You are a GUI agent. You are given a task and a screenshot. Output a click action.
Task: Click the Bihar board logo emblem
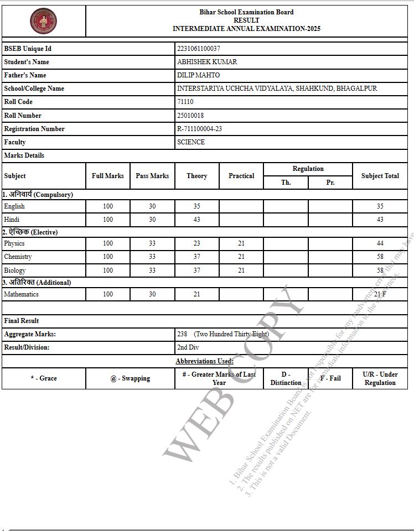click(x=44, y=20)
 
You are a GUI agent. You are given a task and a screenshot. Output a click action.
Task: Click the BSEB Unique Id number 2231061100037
click(x=199, y=49)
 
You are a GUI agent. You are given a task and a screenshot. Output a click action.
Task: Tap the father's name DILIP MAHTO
click(x=198, y=75)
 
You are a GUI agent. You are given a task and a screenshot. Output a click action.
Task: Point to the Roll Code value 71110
click(x=185, y=102)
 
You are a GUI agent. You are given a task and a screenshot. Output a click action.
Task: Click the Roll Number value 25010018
click(x=190, y=116)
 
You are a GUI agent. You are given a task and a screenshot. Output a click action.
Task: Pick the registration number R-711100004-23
click(x=199, y=129)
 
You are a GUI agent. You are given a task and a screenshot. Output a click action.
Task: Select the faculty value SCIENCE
click(x=191, y=142)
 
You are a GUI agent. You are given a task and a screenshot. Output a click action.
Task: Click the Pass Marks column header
click(x=152, y=176)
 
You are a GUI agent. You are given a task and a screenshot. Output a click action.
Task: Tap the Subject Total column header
click(x=380, y=176)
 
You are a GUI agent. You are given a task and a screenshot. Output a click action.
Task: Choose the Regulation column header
click(x=308, y=169)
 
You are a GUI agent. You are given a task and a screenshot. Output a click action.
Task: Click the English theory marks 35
click(x=196, y=206)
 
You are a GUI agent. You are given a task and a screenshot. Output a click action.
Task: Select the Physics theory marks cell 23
click(x=196, y=243)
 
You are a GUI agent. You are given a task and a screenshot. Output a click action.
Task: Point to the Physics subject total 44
click(x=380, y=243)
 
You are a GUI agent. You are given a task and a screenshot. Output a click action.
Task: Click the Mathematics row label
click(x=21, y=294)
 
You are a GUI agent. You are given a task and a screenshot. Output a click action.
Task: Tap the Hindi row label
click(x=12, y=220)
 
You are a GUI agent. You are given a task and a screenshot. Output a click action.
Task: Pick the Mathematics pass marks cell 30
click(x=152, y=294)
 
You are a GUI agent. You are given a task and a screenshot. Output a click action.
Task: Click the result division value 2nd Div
click(x=188, y=347)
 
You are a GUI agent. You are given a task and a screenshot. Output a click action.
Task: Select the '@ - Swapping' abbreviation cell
click(x=130, y=378)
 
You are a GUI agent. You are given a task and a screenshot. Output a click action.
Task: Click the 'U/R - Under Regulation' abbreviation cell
click(x=380, y=378)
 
